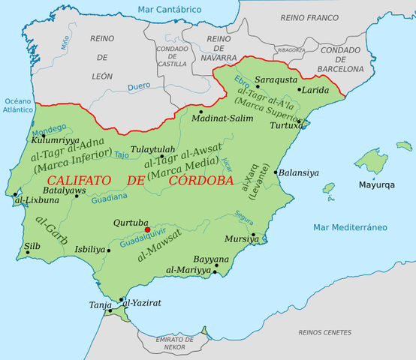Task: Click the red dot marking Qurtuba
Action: pyautogui.click(x=148, y=230)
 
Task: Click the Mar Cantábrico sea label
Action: pyautogui.click(x=170, y=9)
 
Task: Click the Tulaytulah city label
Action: pyautogui.click(x=152, y=149)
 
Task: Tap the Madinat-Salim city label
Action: pyautogui.click(x=219, y=118)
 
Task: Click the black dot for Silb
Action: pyautogui.click(x=28, y=253)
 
